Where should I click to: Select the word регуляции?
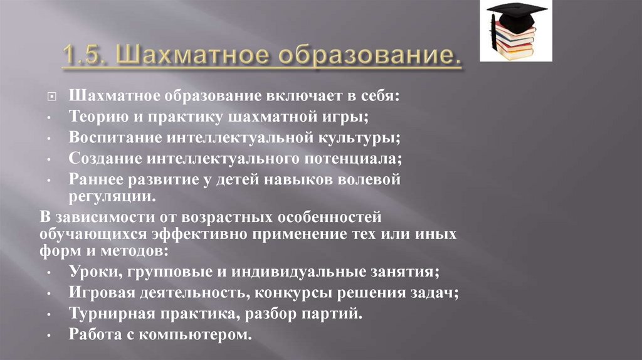110,196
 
